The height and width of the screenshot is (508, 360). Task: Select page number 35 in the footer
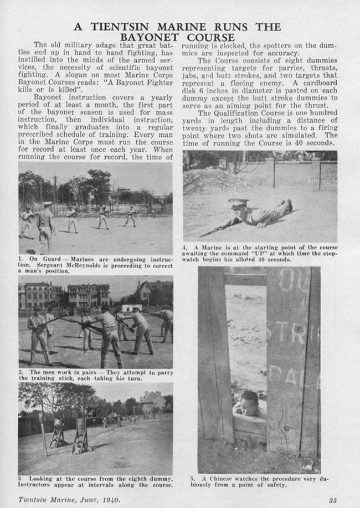[x=332, y=500]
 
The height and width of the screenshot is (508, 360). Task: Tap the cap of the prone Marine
[x=239, y=203]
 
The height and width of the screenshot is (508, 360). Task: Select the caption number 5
[x=192, y=478]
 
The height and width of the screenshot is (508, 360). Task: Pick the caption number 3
[x=21, y=478]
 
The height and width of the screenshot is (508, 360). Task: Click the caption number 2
[x=21, y=372]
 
